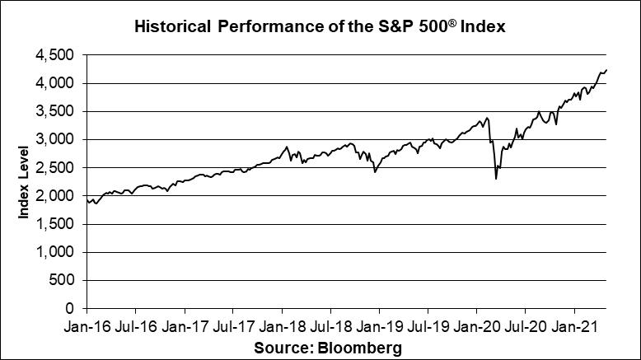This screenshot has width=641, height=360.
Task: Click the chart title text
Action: (x=319, y=27)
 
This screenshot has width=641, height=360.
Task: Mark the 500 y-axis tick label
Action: (x=63, y=280)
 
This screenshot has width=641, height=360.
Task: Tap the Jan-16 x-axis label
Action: (x=87, y=326)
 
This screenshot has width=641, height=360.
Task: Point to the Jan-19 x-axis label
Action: (x=379, y=326)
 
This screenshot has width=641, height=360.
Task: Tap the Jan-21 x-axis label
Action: (x=575, y=326)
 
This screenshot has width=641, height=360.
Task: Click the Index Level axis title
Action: (x=25, y=182)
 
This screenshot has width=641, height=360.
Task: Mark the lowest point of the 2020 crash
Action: (x=496, y=178)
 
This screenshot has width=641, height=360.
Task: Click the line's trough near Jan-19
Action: (x=375, y=171)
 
